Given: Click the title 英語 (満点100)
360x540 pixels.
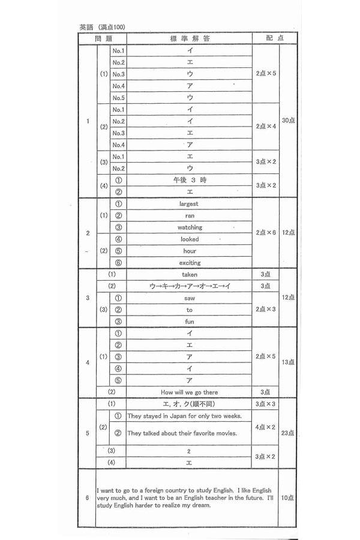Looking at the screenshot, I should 103,27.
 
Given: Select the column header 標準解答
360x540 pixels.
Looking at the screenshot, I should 190,38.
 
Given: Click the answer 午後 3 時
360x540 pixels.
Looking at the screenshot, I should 190,180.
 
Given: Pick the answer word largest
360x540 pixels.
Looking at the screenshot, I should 190,204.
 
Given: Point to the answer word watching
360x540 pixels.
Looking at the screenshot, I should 190,227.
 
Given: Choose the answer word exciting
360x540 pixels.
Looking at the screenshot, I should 190,263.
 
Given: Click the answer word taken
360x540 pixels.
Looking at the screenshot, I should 190,274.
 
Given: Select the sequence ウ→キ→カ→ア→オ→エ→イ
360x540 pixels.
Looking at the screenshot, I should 190,286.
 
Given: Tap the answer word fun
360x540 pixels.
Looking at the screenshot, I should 190,322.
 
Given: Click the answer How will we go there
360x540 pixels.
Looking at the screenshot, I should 190,392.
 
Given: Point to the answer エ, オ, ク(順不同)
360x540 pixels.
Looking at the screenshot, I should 190,404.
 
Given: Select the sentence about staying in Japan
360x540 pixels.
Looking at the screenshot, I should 184,416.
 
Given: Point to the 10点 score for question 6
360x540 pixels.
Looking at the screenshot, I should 288,498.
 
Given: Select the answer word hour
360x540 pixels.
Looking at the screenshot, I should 190,251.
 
